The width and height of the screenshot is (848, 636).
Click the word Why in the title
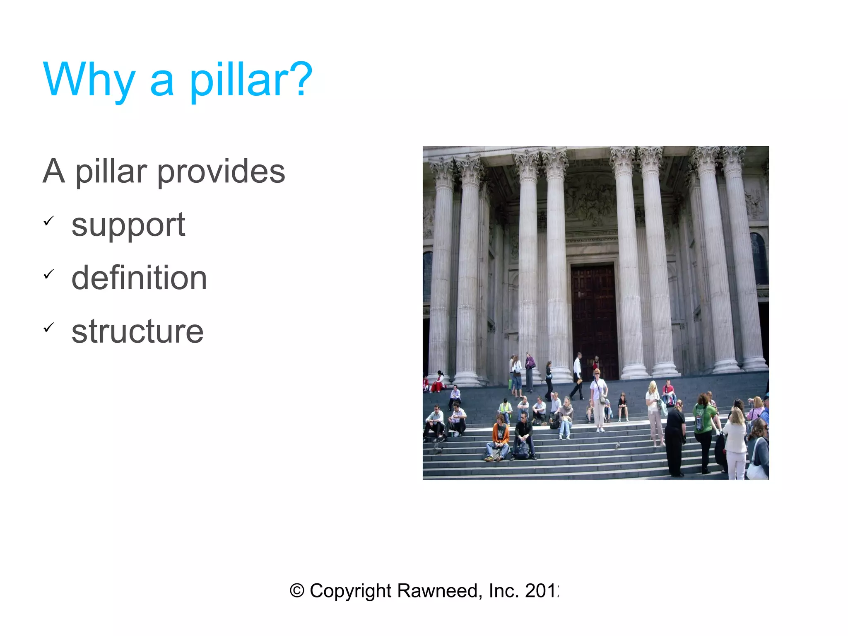click(89, 80)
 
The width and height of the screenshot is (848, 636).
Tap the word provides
click(221, 171)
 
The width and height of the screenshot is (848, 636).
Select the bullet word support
click(128, 225)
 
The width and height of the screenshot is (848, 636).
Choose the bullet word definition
click(139, 278)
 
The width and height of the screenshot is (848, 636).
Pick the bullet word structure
click(137, 331)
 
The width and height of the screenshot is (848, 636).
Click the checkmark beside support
click(49, 221)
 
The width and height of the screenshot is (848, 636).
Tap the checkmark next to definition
click(49, 274)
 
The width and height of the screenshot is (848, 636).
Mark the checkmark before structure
click(49, 328)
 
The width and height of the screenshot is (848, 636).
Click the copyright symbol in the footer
click(296, 590)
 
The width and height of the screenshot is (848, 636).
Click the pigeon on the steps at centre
click(617, 445)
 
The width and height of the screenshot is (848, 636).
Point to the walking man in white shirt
click(577, 375)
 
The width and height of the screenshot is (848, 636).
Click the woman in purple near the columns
click(529, 371)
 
